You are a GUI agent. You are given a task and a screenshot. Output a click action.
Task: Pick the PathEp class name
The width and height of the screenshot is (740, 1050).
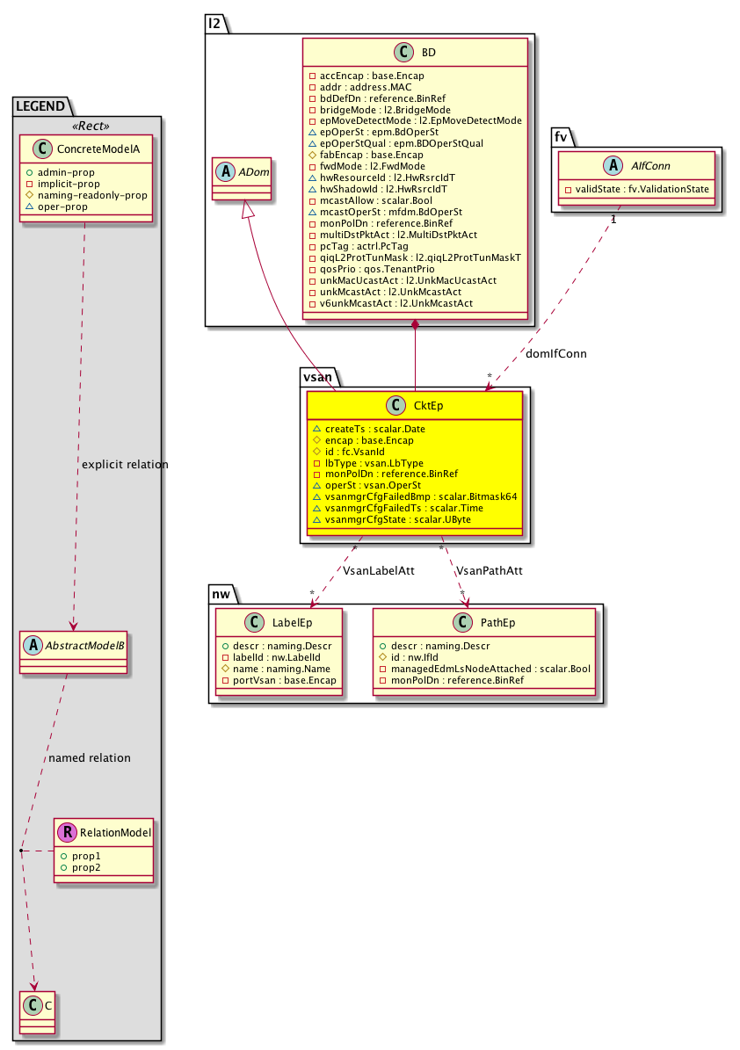[x=497, y=623]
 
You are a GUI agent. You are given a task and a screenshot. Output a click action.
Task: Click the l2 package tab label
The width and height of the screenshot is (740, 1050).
[x=214, y=24]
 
